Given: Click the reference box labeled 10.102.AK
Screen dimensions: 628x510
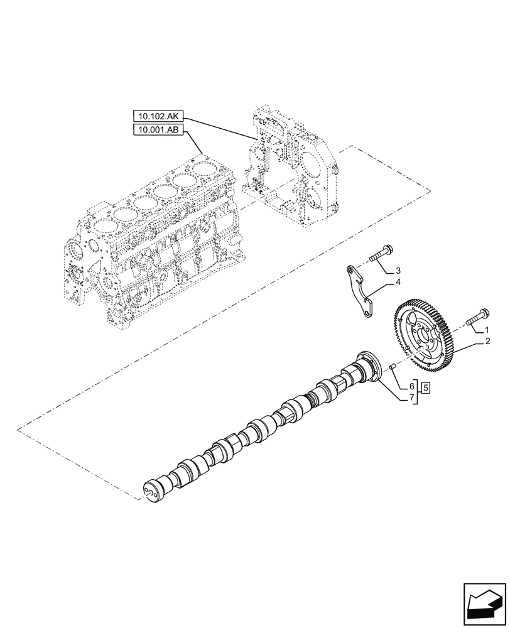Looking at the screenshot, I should [x=158, y=116].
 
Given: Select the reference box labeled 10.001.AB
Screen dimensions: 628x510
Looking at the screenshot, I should [x=158, y=131].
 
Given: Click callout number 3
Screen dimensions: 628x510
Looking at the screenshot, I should [x=398, y=271].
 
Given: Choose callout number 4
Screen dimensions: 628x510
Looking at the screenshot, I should [x=398, y=283].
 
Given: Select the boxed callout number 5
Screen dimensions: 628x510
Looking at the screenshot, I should [x=426, y=387].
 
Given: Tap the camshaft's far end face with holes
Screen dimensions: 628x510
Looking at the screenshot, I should [x=153, y=489].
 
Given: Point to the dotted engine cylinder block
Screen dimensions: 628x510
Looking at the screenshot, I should [x=151, y=245].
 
